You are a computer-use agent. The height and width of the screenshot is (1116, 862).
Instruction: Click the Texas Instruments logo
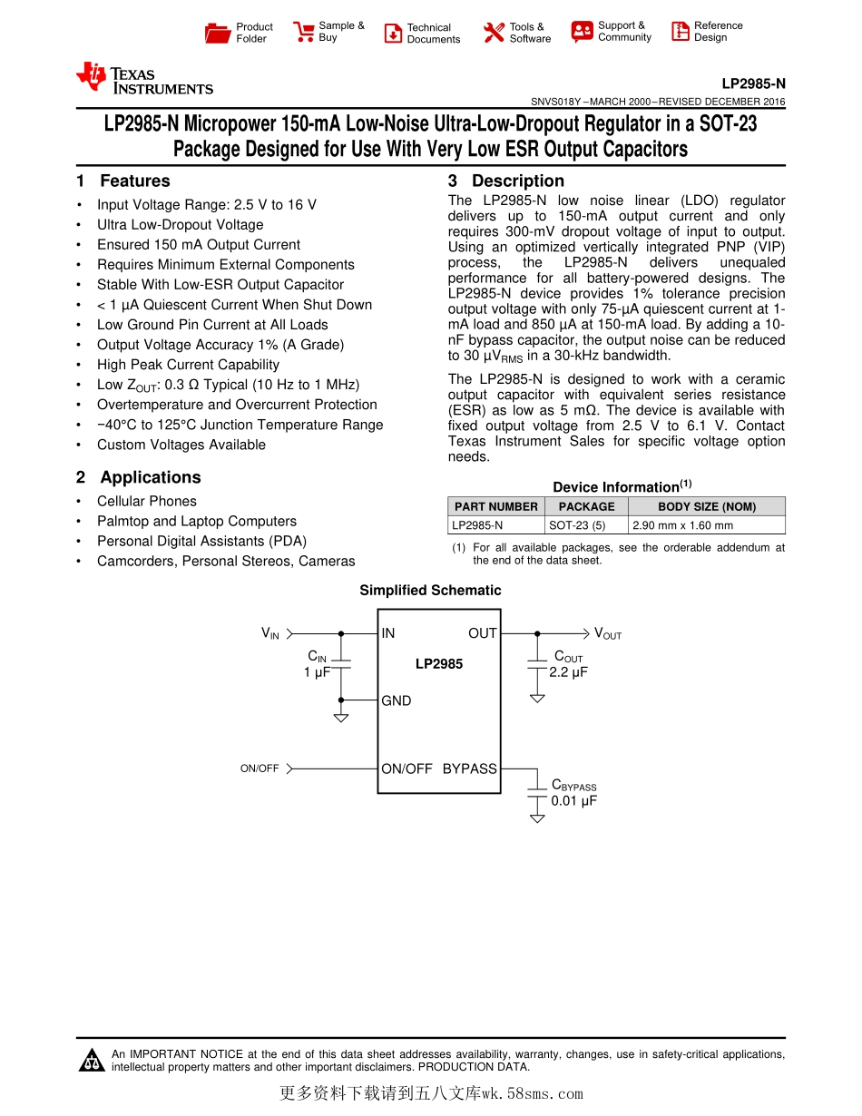tap(144, 79)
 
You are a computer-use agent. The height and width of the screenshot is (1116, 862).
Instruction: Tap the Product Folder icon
tap(217, 34)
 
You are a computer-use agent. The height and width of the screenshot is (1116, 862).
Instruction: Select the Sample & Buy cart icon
tap(303, 33)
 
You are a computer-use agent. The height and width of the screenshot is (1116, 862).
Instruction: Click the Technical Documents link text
tap(433, 34)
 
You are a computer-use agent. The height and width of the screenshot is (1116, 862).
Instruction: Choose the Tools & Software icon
tap(493, 34)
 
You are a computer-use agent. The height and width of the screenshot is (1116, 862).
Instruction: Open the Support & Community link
tap(623, 32)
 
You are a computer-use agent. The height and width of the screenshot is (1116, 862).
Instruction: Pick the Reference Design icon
tap(681, 32)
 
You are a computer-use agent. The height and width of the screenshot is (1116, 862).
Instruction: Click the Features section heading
tap(134, 181)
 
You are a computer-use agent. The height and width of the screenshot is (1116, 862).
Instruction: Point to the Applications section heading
tap(150, 477)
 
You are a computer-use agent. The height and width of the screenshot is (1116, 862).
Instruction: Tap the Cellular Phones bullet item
tap(146, 501)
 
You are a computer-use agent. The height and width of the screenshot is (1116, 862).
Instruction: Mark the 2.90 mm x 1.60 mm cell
tap(683, 525)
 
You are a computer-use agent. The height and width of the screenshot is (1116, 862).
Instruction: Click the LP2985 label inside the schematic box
tap(439, 664)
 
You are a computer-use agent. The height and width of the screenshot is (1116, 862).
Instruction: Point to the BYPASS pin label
tap(469, 768)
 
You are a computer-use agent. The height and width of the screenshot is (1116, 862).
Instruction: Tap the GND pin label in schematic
tap(396, 700)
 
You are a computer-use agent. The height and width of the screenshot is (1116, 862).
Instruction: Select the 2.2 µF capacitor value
tap(569, 672)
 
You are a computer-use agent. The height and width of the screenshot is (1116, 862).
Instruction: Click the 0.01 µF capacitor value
tap(574, 801)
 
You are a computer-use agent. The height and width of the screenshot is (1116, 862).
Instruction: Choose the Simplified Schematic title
tap(430, 591)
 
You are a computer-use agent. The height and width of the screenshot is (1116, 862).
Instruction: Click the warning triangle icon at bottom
tap(92, 1060)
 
